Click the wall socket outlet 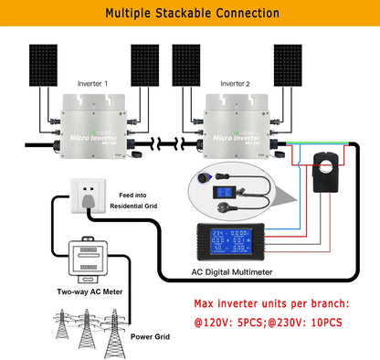(x=81, y=198)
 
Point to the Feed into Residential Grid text (x=143, y=201)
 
